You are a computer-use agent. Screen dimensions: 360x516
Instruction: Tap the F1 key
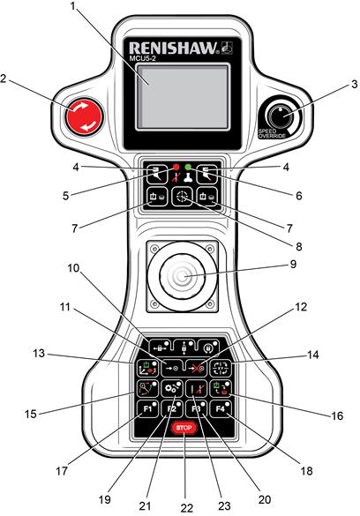tap(147, 409)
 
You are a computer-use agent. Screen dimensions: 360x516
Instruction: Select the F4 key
tap(221, 409)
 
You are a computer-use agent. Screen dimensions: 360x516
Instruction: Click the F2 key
tap(172, 409)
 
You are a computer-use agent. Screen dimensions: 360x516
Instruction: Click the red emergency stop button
tap(83, 116)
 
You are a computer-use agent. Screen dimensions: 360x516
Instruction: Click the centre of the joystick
tap(182, 276)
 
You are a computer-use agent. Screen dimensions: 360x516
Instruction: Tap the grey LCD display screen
tap(183, 96)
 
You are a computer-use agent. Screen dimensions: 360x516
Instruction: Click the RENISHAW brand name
tap(174, 48)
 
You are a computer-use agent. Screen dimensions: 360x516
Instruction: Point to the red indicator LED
tap(176, 167)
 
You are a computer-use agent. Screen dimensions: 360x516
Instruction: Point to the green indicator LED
tap(188, 167)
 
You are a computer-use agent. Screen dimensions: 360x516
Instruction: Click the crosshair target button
tap(182, 197)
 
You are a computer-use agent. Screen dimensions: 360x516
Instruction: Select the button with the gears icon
tap(172, 389)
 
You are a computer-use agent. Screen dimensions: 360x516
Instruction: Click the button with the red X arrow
tap(196, 368)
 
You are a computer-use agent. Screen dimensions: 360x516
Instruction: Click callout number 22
tap(187, 507)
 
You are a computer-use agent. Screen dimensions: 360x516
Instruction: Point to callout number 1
tap(73, 6)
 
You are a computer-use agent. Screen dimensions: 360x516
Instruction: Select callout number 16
tap(337, 415)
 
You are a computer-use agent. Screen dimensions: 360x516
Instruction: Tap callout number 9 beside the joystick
tap(293, 265)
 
